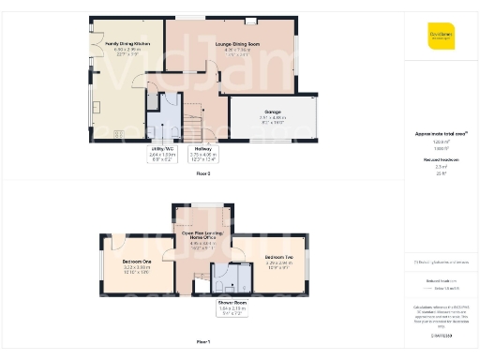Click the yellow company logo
441,35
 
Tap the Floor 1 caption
202,342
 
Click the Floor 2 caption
202,174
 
